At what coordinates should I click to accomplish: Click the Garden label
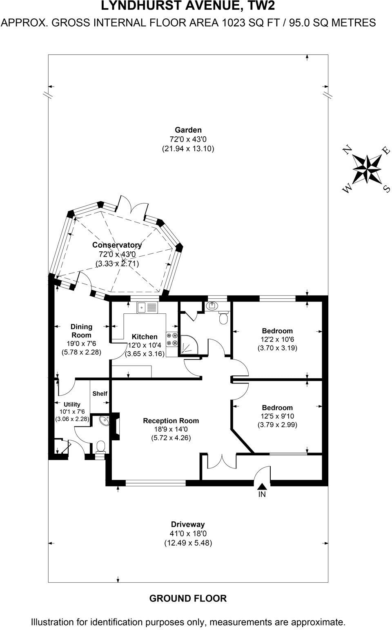click(188, 130)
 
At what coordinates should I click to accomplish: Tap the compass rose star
click(366, 170)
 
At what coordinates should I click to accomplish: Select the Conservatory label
click(117, 245)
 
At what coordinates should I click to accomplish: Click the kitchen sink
click(147, 307)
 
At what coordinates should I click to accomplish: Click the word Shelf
click(100, 394)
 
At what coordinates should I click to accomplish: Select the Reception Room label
click(171, 421)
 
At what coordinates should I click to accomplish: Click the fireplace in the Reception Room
click(116, 427)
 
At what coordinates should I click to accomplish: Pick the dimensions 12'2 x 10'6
click(277, 339)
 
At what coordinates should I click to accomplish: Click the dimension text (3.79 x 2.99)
click(277, 425)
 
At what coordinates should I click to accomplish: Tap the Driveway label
click(188, 524)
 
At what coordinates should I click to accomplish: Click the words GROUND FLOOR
click(188, 599)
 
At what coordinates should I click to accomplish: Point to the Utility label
click(72, 404)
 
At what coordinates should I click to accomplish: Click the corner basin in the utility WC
click(105, 421)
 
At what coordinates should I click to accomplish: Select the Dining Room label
click(81, 331)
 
